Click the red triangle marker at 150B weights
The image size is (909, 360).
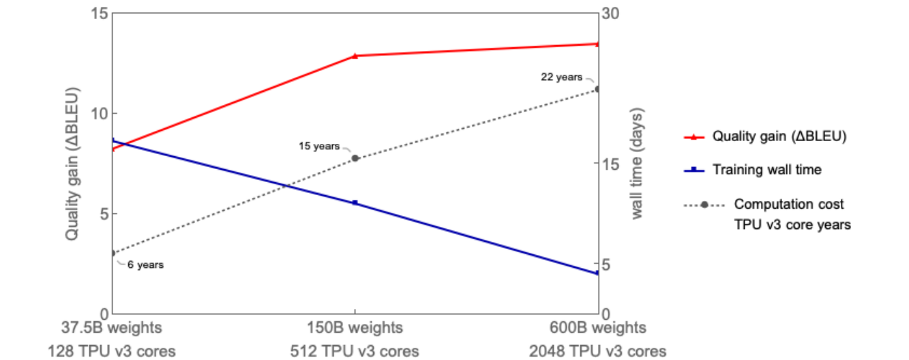point(355,55)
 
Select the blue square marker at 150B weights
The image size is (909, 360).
point(355,202)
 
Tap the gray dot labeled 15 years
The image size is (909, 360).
point(355,158)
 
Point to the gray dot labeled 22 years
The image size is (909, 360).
point(597,89)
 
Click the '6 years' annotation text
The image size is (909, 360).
point(145,265)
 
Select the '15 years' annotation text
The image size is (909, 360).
point(318,146)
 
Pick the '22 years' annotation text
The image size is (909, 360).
point(561,77)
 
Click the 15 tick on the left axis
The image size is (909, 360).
point(99,13)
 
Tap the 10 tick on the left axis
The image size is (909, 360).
point(99,113)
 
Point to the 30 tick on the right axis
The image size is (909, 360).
point(612,13)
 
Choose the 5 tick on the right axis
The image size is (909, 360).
point(609,264)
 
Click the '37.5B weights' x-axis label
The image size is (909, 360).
point(112,328)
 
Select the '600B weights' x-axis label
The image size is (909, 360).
point(597,328)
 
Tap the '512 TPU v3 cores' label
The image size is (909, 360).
point(355,351)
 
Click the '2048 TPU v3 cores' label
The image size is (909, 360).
point(597,351)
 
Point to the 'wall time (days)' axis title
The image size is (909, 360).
point(637,164)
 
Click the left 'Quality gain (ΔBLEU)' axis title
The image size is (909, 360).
point(72,164)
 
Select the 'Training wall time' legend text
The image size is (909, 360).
point(766,170)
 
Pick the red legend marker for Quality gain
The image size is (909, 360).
point(694,137)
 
